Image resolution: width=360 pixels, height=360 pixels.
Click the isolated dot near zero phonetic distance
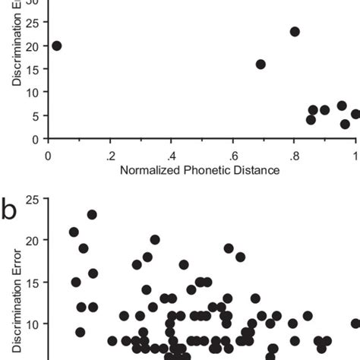tap(56, 46)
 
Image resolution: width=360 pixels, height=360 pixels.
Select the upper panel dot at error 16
tap(261, 65)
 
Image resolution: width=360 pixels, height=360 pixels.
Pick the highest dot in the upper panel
tap(295, 32)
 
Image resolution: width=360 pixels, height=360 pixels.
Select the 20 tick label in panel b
tap(32, 241)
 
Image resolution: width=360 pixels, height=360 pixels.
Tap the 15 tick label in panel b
tap(32, 282)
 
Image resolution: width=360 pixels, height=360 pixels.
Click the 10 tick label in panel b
tap(32, 324)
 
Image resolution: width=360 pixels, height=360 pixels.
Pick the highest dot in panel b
tap(92, 214)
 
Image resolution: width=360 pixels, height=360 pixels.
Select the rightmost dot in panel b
tap(355, 324)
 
